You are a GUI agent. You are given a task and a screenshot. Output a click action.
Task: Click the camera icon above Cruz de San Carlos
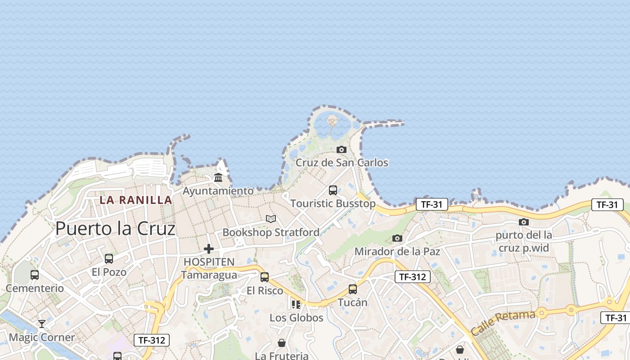[x=342, y=149]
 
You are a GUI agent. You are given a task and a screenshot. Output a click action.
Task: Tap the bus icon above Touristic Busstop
[x=333, y=190]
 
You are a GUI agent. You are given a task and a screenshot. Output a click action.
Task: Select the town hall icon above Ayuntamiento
[x=218, y=177]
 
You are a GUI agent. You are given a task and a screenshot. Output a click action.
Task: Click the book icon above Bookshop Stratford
[x=271, y=219]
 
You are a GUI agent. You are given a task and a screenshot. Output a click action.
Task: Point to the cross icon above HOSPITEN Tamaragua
[x=209, y=248]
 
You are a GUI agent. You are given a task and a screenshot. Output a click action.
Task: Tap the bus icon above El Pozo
[x=109, y=259]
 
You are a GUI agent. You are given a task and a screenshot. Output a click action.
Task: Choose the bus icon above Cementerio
[x=35, y=274]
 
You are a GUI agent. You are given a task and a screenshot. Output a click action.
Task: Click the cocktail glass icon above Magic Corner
[x=42, y=324]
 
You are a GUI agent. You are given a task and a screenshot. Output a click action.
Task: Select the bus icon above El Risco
[x=265, y=277]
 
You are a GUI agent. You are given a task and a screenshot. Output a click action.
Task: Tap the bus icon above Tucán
[x=353, y=289]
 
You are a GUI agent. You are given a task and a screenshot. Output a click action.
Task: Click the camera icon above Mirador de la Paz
[x=397, y=238]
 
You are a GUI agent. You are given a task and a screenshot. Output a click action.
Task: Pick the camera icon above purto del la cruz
[x=524, y=222]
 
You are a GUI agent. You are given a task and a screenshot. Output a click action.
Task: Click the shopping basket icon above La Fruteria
[x=282, y=343]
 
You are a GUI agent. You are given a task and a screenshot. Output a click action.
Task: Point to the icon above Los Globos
[x=296, y=305]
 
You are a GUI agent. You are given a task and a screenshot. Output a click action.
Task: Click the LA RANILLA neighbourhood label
[x=136, y=200]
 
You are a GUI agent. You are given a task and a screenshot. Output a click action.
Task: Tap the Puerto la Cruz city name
[x=115, y=229]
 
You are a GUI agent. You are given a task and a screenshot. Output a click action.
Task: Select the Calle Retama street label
[x=503, y=322]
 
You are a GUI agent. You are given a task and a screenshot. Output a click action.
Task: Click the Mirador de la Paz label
[x=397, y=252]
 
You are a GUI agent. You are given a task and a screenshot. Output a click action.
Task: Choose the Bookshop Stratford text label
[x=271, y=233]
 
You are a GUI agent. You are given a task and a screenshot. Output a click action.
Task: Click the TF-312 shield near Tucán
[x=413, y=277]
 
